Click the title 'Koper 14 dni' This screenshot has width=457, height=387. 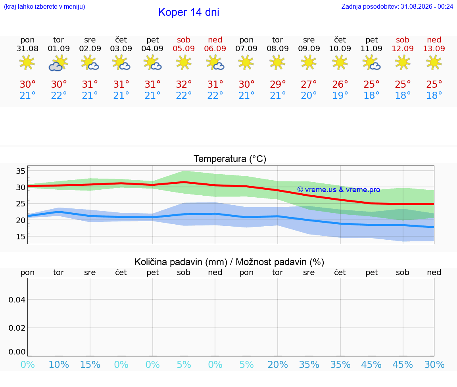click(x=188, y=12)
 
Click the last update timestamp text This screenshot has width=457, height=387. click(x=397, y=7)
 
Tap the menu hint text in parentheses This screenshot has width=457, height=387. click(x=44, y=7)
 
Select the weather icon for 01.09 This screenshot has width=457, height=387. click(x=59, y=63)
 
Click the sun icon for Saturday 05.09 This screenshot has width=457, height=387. click(x=184, y=62)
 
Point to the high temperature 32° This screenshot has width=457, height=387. click(x=184, y=84)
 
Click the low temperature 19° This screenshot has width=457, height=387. click(x=340, y=95)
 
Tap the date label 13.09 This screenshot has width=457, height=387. click(x=434, y=48)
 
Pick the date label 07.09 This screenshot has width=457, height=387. click(x=246, y=48)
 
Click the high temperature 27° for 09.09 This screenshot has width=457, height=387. click(x=309, y=84)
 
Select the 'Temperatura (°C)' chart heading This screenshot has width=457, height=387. click(x=230, y=159)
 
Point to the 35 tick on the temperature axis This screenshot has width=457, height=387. click(x=21, y=171)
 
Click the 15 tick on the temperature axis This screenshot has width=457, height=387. click(x=21, y=237)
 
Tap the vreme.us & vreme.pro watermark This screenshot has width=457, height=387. click(x=339, y=190)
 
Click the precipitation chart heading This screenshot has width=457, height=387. click(x=229, y=262)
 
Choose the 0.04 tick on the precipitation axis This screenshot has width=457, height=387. click(x=17, y=300)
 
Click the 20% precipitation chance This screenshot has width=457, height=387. click(x=278, y=364)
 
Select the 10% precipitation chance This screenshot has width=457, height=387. click(x=59, y=364)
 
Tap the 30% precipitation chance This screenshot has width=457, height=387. click(x=434, y=364)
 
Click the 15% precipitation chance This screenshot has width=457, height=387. click(x=90, y=364)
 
